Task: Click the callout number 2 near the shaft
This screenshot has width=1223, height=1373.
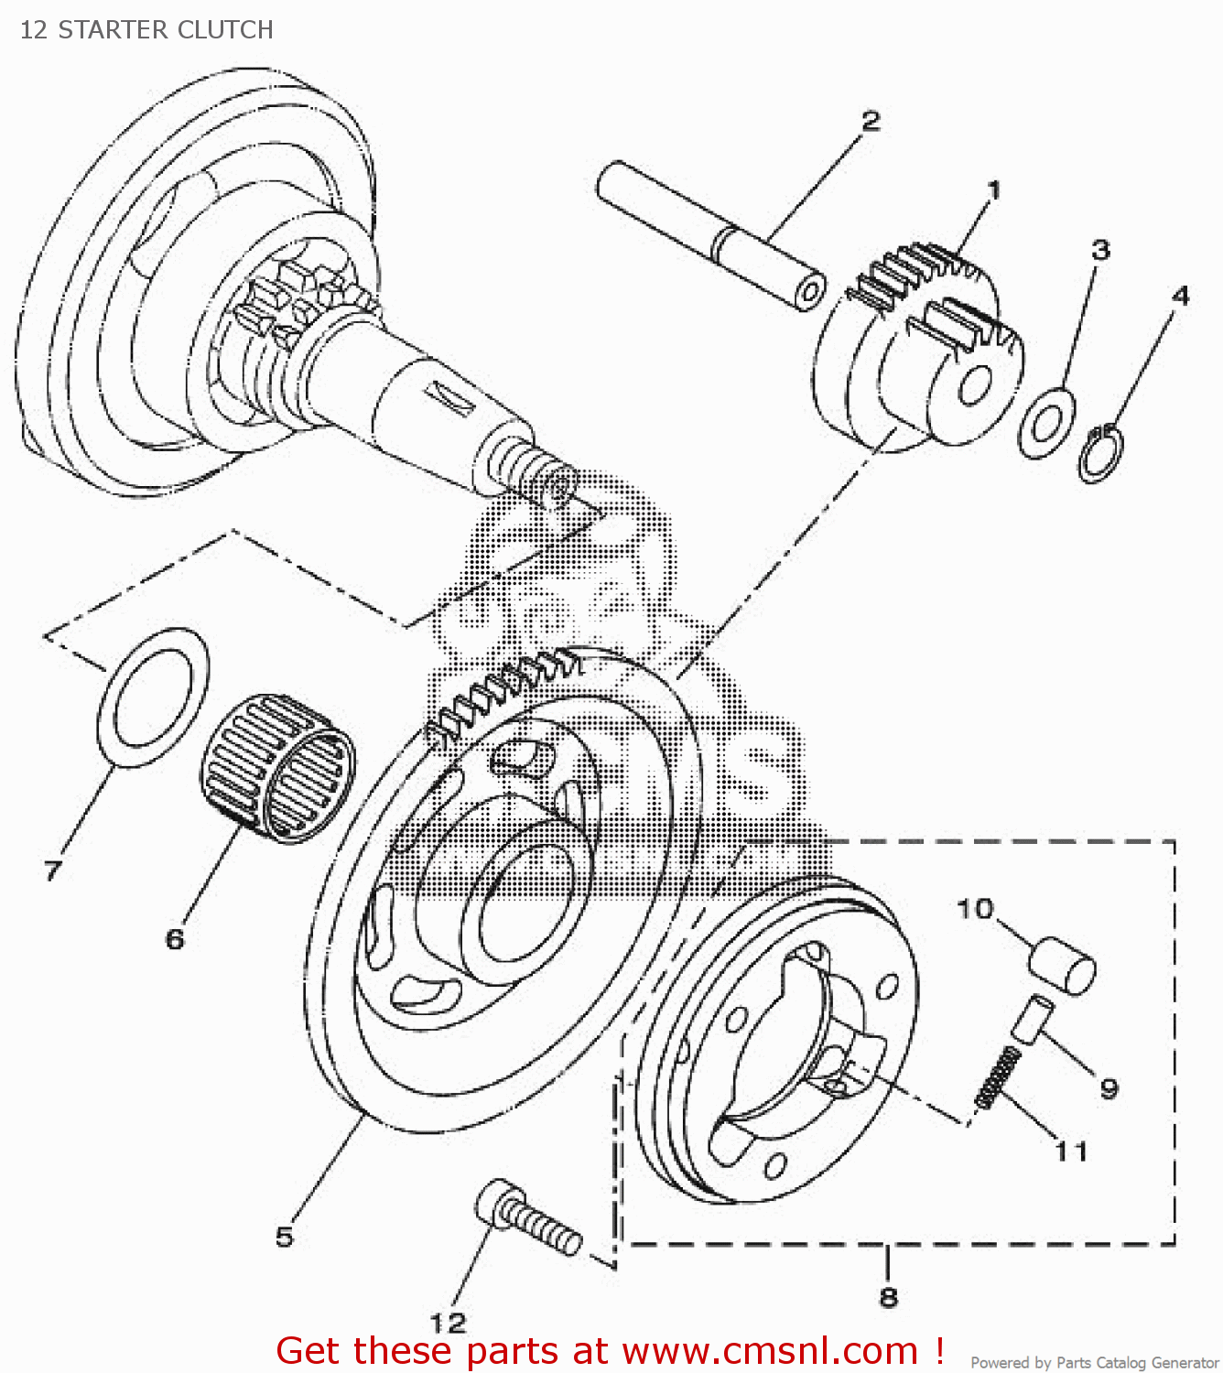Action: coord(871,121)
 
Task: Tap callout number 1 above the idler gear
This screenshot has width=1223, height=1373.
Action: coord(993,190)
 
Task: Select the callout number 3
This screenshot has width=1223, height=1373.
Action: coord(1100,250)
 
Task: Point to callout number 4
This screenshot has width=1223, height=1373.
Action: coord(1181,296)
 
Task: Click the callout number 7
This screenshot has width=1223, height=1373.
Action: coord(53,870)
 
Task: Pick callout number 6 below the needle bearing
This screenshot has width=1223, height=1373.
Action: coord(175,938)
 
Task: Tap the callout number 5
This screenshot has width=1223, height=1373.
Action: coord(285,1237)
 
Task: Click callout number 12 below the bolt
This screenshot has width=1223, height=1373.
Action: coord(449,1323)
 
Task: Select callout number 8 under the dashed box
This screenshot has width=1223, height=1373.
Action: coord(888,1296)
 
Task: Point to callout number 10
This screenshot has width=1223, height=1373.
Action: coord(975,909)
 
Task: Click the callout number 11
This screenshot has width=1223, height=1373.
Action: coord(1071,1151)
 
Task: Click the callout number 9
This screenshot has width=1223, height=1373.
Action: coord(1109,1088)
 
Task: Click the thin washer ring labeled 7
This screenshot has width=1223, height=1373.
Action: coord(153,697)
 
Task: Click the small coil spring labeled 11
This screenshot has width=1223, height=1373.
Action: coord(998,1077)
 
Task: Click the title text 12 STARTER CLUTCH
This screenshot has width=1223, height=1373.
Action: coord(146,30)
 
